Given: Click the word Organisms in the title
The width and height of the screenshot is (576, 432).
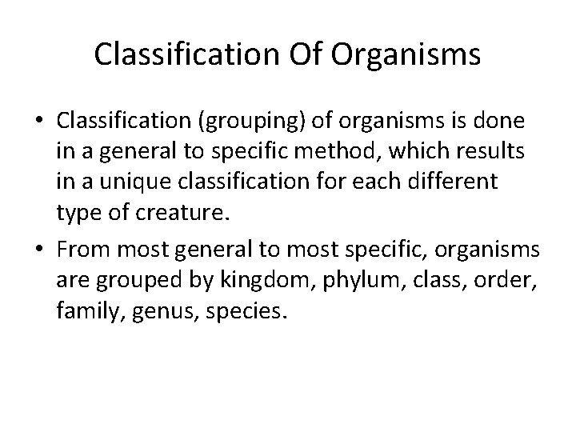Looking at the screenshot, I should click(406, 54).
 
